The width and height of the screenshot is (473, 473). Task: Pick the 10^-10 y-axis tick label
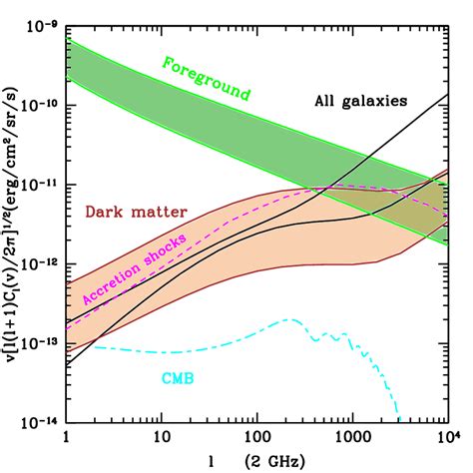tap(38, 105)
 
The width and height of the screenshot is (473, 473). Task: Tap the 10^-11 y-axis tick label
tap(38, 185)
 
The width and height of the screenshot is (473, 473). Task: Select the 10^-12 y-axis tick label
tap(38, 263)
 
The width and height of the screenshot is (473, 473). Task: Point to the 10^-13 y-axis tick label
tap(38, 342)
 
